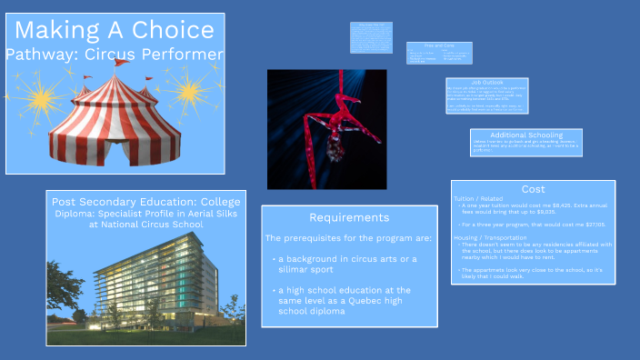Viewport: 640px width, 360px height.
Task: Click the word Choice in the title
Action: click(174, 30)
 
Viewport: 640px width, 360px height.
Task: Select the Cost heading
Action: click(533, 189)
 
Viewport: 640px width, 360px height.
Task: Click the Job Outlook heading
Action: click(486, 83)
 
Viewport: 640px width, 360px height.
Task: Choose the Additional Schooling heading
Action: click(514, 135)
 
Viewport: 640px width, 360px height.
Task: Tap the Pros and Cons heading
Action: click(439, 45)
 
